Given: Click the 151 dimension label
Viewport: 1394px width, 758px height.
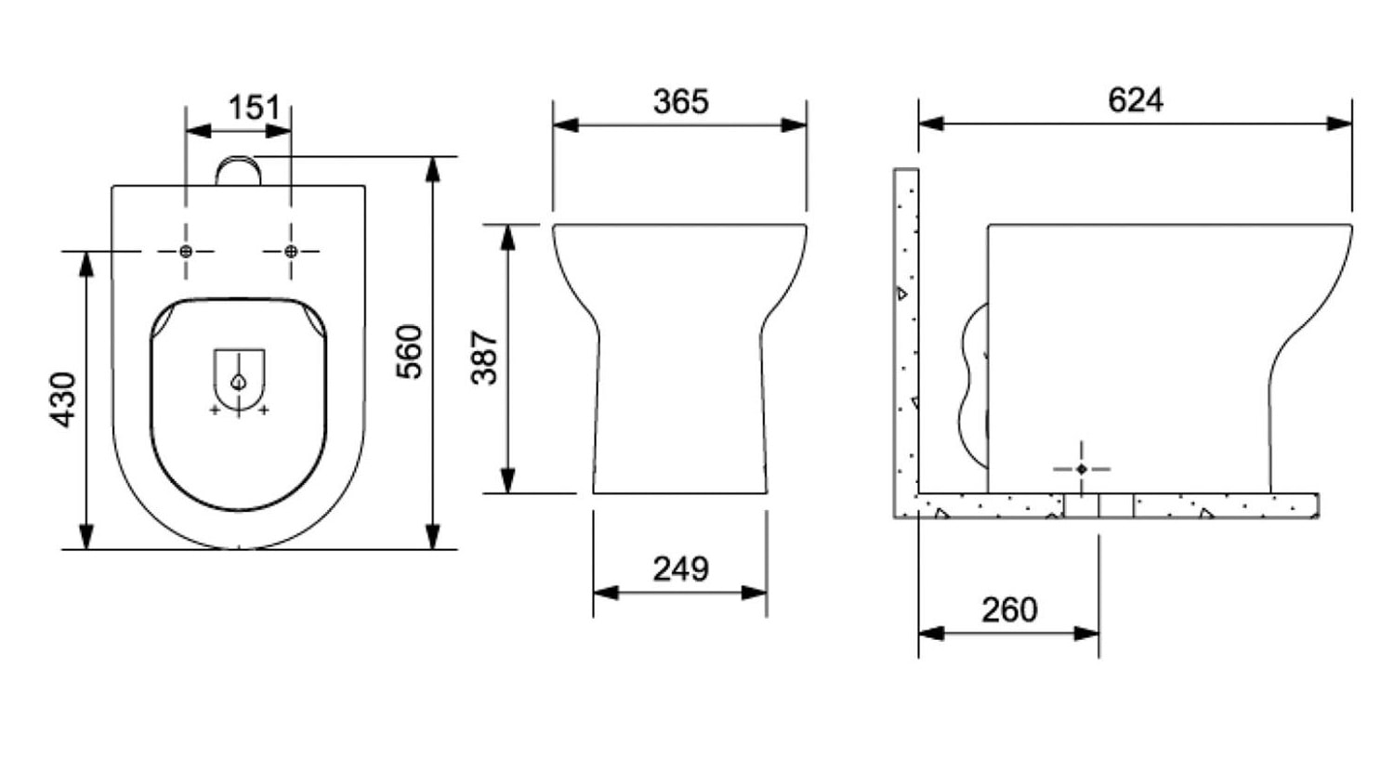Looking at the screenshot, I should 254,108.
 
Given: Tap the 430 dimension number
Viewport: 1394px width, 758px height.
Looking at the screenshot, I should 63,399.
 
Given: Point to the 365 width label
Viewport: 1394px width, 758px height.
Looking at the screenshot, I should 680,101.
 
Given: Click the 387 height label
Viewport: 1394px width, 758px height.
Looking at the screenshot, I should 484,357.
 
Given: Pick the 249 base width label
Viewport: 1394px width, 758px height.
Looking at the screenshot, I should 680,568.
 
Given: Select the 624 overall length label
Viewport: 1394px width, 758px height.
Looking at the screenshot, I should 1135,99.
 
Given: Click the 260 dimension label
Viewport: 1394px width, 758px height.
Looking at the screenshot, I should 1009,610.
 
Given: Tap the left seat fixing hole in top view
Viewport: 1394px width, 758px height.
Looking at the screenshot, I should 186,251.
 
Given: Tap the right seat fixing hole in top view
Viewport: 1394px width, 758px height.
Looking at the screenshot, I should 291,251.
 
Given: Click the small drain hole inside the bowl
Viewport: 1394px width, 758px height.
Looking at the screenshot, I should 239,381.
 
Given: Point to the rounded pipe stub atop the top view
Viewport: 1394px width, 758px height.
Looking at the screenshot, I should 239,171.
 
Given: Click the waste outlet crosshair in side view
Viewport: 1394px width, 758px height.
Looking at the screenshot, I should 1081,469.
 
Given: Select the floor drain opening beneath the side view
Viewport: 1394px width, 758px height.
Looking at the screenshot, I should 1098,506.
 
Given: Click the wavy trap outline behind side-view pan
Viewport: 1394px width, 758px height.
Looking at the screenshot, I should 972,381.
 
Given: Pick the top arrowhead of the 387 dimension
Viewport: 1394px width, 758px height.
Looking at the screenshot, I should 507,237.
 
